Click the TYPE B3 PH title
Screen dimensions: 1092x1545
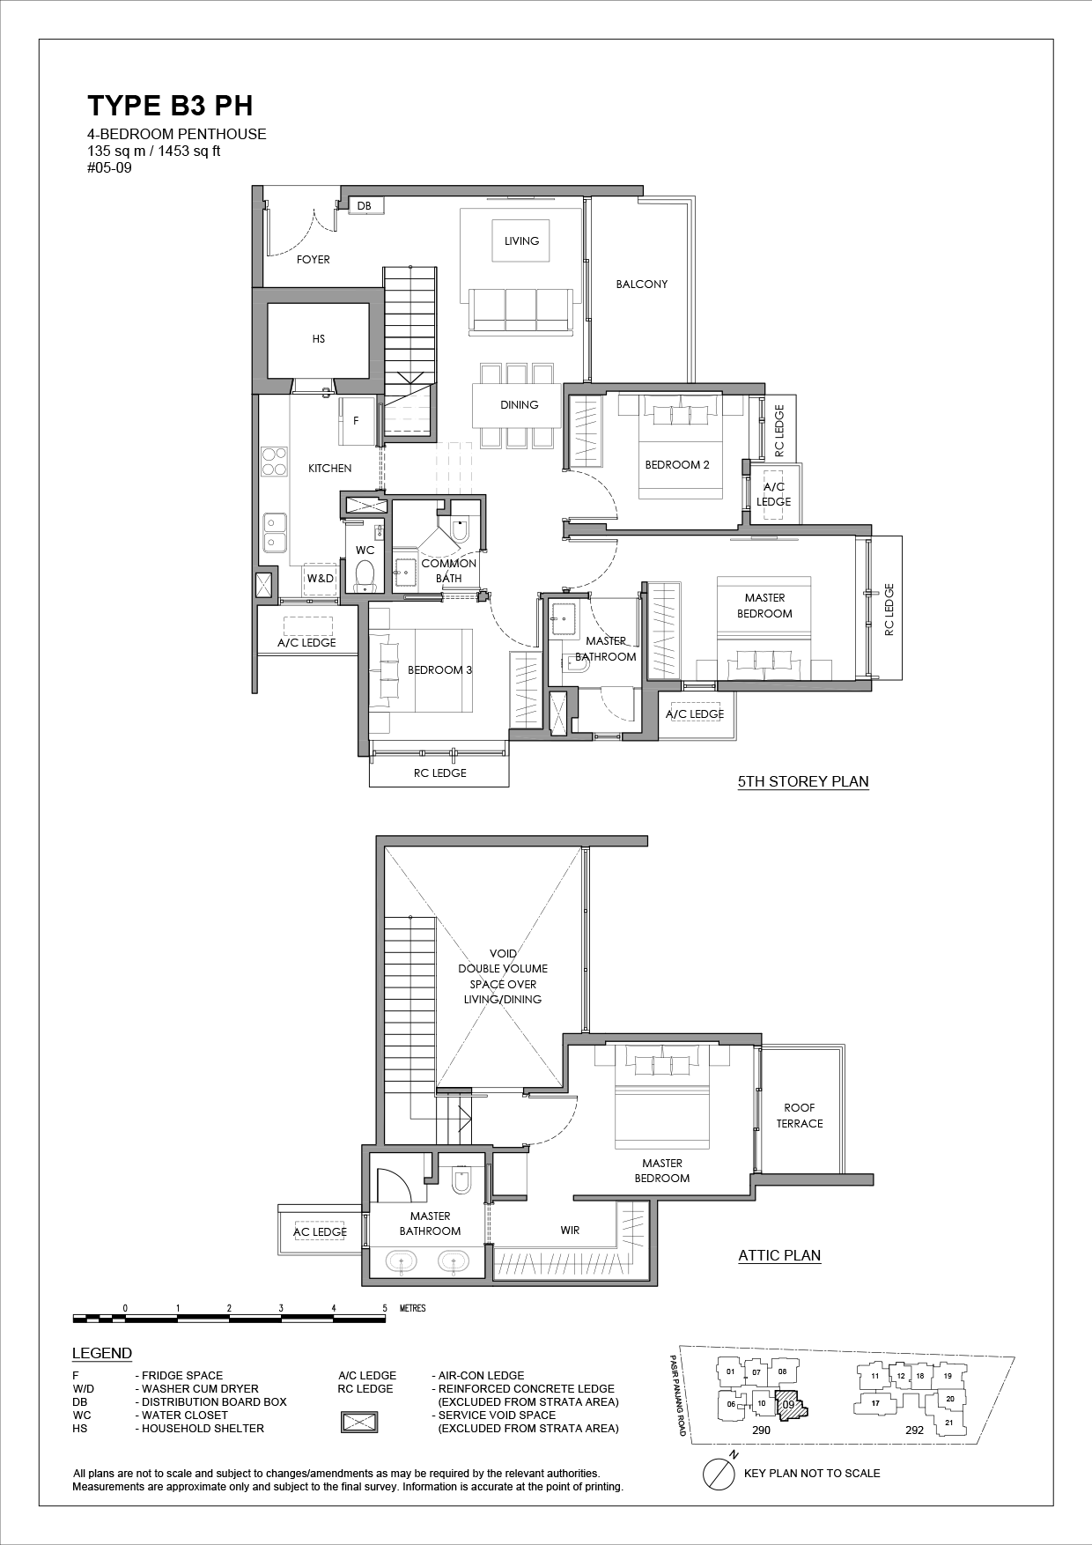(170, 106)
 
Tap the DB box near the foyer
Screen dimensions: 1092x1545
(364, 205)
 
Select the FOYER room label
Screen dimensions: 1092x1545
(314, 260)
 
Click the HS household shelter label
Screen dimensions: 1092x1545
(319, 339)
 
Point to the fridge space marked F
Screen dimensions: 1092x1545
(356, 421)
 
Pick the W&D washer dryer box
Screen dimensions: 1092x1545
(321, 579)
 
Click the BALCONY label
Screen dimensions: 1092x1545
(642, 285)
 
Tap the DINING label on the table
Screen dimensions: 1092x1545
(520, 405)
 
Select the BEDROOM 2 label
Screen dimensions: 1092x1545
(677, 465)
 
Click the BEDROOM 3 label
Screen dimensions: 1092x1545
(440, 670)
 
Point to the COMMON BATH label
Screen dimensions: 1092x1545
(449, 571)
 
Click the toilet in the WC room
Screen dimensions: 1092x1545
(365, 576)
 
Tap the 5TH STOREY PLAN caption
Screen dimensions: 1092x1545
(803, 781)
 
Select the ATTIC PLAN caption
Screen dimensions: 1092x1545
(779, 1255)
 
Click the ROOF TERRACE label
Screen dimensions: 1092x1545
(800, 1116)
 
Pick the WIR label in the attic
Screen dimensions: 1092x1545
(570, 1231)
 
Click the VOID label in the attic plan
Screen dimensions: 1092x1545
(505, 953)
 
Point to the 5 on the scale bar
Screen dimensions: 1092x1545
(385, 1308)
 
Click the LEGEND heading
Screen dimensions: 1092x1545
(102, 1354)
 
